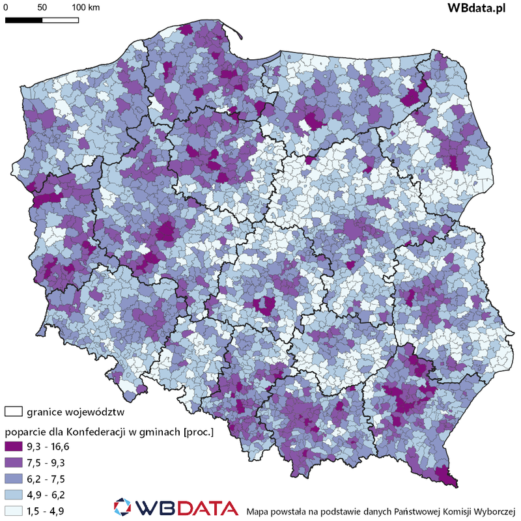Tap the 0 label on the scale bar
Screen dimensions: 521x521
point(6,8)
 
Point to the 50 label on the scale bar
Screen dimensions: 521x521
point(42,8)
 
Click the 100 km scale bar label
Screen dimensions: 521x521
point(86,8)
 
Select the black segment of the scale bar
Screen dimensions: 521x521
point(24,20)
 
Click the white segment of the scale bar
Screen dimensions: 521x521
point(61,20)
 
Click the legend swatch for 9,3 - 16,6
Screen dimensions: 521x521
point(14,447)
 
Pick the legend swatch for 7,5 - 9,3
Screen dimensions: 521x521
point(14,462)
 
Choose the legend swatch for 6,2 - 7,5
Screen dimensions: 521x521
point(14,478)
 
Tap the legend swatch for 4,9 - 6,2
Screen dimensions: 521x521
point(14,494)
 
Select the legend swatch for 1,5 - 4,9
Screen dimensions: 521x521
point(14,509)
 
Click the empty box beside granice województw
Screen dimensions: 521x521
point(14,412)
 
